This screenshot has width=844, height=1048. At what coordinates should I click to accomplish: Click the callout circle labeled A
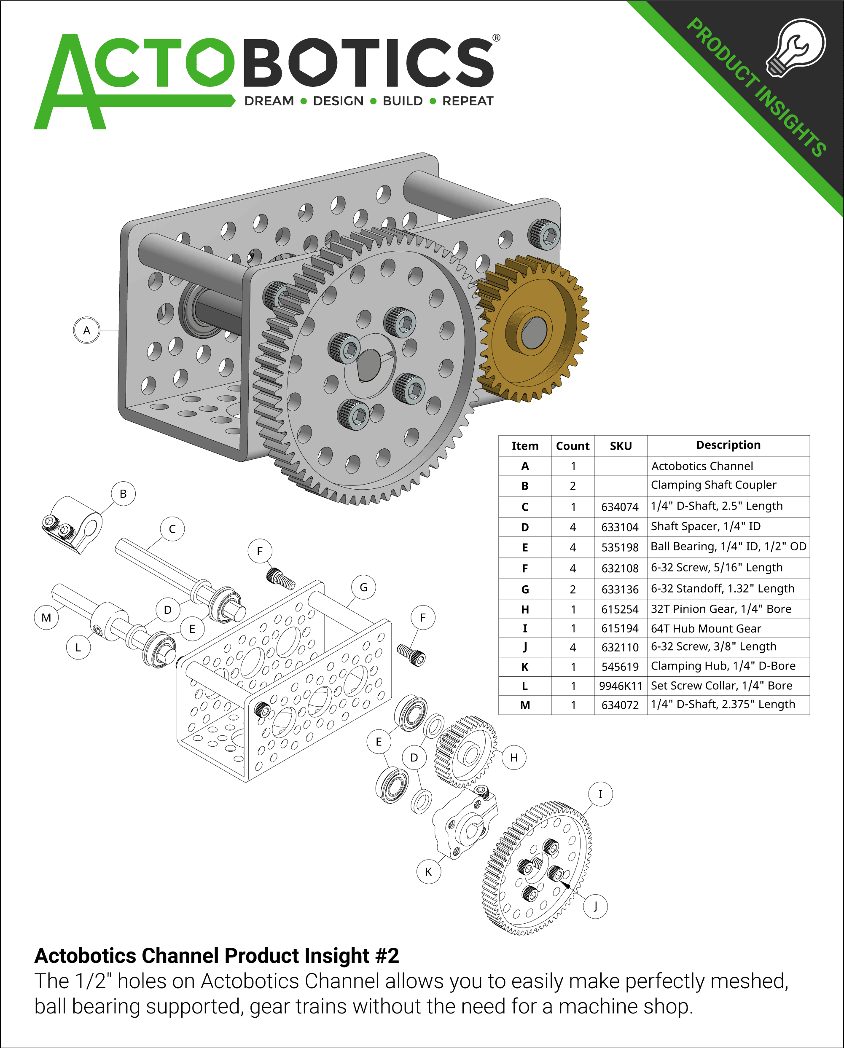click(x=86, y=330)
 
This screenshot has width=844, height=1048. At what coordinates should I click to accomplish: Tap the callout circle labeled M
click(x=46, y=617)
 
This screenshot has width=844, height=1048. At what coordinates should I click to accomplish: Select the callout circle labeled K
click(x=428, y=871)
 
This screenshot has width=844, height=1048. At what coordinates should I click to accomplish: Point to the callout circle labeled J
click(x=596, y=906)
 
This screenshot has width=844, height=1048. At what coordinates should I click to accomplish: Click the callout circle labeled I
click(x=600, y=794)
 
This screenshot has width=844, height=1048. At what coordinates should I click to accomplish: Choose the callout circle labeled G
click(x=363, y=587)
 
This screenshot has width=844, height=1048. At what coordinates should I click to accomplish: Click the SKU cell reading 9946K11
click(x=621, y=686)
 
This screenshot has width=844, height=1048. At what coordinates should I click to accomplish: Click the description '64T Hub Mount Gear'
click(x=705, y=629)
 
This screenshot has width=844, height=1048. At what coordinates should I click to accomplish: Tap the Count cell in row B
click(x=573, y=485)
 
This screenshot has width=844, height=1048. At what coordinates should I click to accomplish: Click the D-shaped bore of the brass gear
click(x=534, y=332)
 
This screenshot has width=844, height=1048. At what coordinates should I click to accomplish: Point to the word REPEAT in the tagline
click(x=467, y=101)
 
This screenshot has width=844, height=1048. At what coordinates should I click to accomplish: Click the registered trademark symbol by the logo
click(x=496, y=38)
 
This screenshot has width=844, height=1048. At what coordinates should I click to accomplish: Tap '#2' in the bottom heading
click(x=387, y=956)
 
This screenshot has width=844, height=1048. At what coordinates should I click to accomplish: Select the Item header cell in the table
click(x=524, y=446)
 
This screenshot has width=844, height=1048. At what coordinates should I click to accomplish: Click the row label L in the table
click(x=524, y=686)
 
